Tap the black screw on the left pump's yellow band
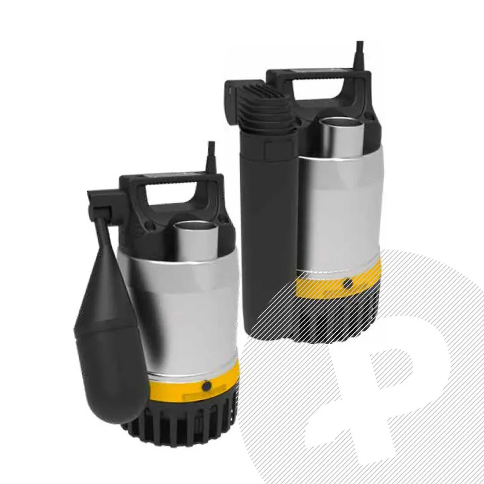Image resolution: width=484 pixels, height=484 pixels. point(207,385)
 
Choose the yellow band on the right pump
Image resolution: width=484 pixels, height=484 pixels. point(321,281)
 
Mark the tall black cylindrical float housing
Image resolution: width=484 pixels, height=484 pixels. point(266,230)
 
